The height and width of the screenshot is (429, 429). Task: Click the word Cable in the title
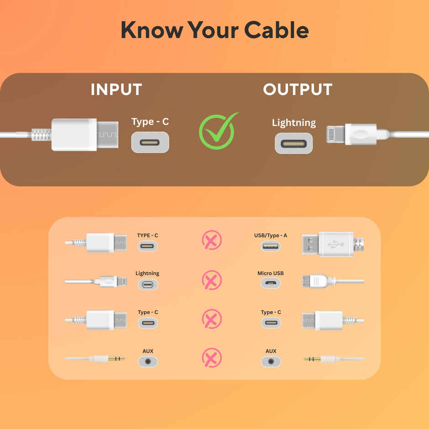(276, 30)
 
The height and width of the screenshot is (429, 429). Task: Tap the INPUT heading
(116, 89)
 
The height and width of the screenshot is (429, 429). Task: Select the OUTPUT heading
(298, 89)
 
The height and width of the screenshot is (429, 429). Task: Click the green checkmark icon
(218, 131)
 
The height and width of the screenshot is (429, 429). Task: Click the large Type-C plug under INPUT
(84, 135)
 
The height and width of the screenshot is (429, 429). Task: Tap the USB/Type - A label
(271, 235)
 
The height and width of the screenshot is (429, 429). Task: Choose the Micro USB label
(271, 273)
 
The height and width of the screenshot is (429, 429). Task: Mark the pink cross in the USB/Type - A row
(212, 241)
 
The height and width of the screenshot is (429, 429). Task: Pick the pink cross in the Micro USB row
(212, 280)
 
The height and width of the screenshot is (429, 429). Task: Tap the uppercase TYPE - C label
(147, 235)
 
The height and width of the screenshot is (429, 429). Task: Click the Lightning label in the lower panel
(147, 273)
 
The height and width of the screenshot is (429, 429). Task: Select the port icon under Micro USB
(271, 284)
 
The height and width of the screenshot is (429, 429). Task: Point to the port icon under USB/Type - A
(271, 246)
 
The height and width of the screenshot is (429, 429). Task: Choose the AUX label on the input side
(148, 351)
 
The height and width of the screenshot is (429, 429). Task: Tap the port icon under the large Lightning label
(293, 143)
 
